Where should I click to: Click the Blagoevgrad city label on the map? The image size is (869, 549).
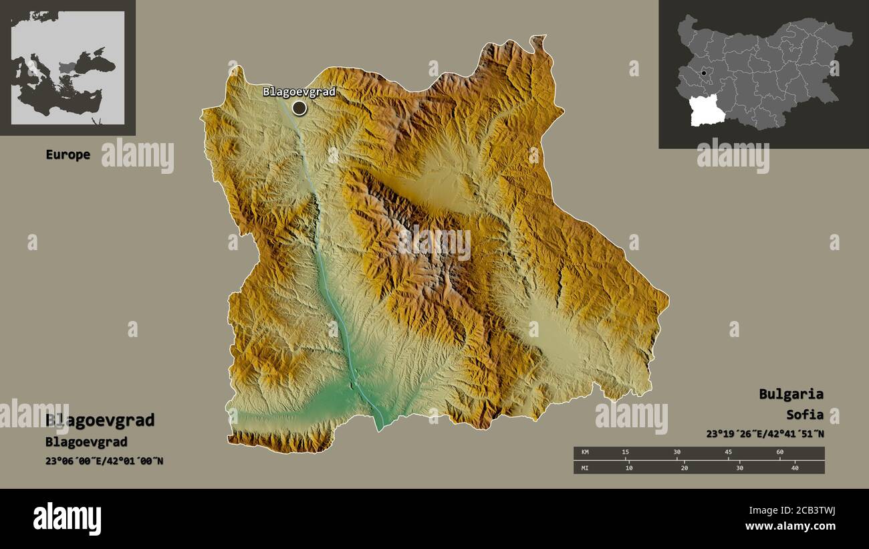[x=299, y=92]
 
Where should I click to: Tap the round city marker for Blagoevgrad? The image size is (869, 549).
[x=299, y=108]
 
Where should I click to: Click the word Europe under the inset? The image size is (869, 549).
[x=68, y=154]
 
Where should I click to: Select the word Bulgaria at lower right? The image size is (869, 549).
[x=791, y=394]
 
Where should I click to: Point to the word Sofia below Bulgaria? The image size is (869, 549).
[x=805, y=415]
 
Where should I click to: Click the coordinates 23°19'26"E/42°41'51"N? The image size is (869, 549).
[x=765, y=433]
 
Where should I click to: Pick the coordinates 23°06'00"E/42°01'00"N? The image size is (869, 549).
[x=104, y=461]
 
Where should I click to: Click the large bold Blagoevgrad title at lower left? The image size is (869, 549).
[x=100, y=420]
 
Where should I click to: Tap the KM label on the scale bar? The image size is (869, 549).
[x=585, y=453]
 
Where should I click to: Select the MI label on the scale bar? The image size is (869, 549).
[x=585, y=467]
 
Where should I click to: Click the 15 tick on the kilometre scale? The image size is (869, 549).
[x=625, y=453]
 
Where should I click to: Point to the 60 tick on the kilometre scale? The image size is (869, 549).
[x=779, y=453]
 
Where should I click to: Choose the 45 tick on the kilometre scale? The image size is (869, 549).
[x=728, y=453]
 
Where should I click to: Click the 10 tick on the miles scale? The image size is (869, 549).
[x=629, y=467]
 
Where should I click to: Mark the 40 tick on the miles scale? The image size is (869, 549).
[x=794, y=467]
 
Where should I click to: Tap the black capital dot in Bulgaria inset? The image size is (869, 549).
[x=704, y=73]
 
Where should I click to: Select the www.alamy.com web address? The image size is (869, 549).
[x=791, y=526]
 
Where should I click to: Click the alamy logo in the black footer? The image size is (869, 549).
[x=68, y=519]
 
